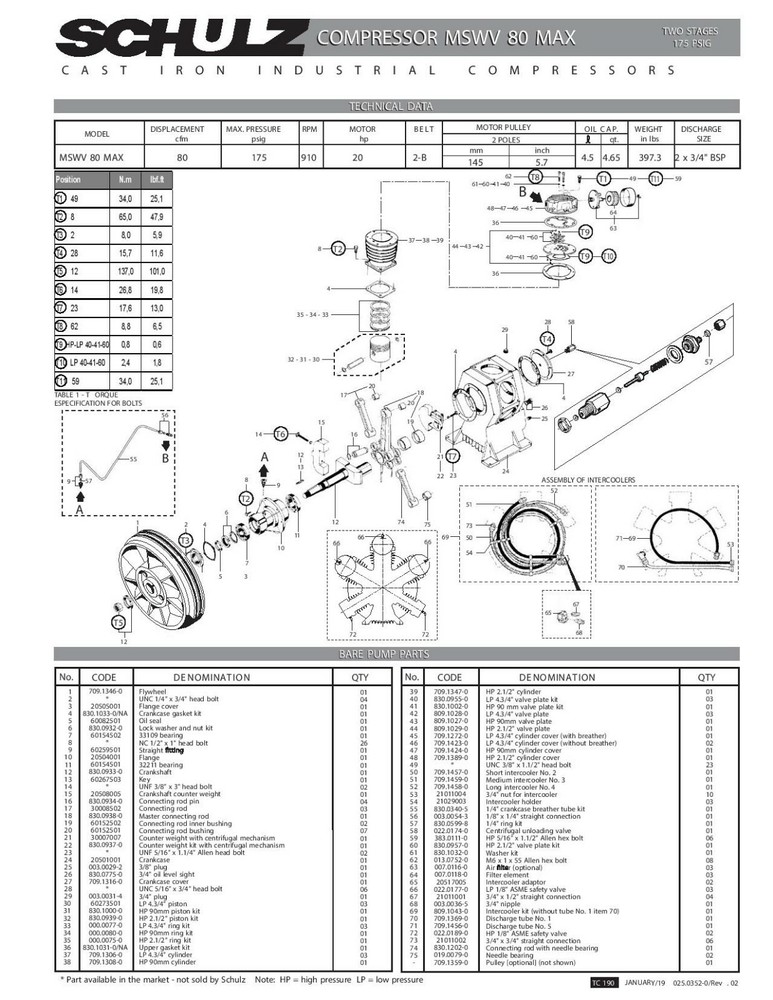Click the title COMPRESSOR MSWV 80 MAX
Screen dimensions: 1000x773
pos(446,39)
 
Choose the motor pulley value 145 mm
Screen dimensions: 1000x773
pos(476,162)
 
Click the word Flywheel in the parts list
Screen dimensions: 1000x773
pos(154,691)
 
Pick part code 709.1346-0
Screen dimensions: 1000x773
pos(106,691)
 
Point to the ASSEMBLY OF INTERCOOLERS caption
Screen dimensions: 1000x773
pos(588,481)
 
